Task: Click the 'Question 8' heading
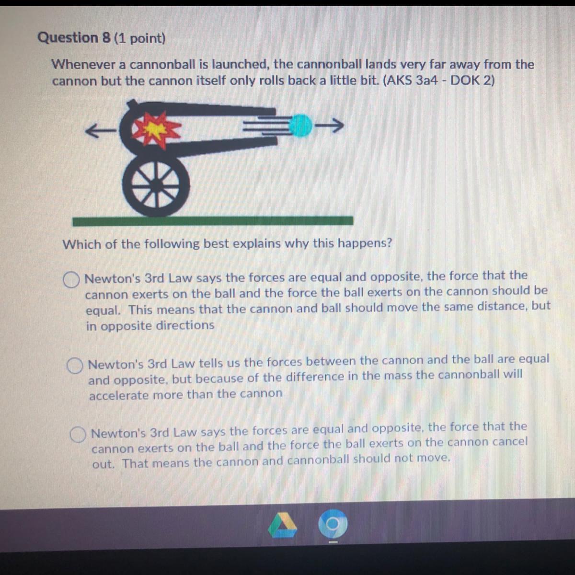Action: pos(74,37)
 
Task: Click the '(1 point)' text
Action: pos(139,38)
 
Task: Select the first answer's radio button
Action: pos(71,279)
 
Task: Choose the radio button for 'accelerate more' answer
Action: pos(75,366)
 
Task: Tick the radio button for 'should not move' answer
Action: pos(78,434)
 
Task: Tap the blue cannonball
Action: pos(301,126)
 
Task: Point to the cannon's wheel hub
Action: pos(155,184)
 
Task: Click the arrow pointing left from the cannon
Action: pos(101,131)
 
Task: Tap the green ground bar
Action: pos(213,221)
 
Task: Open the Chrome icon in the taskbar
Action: pos(333,524)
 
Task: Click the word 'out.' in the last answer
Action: pos(103,464)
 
